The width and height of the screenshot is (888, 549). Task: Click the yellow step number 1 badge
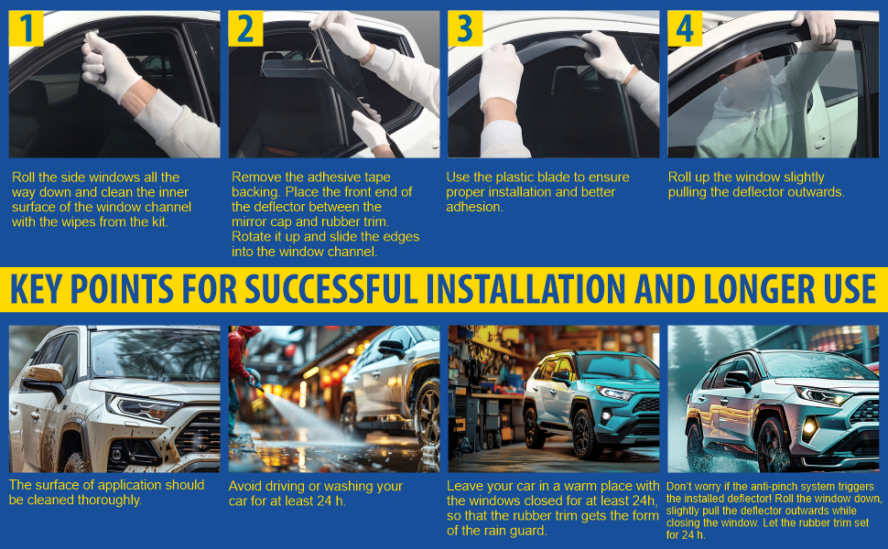click(x=26, y=28)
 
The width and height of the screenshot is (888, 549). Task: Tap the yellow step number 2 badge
click(x=245, y=28)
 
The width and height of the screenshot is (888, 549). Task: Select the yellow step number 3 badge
click(x=465, y=28)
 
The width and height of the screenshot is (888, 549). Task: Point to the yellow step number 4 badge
click(x=685, y=28)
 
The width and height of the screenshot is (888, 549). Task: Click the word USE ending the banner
click(x=850, y=289)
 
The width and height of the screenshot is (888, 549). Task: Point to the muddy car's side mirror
click(x=44, y=379)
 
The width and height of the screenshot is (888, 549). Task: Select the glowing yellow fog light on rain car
click(x=810, y=427)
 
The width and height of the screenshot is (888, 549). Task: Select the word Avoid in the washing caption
click(x=245, y=486)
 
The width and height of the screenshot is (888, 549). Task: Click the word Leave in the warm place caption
click(x=465, y=486)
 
